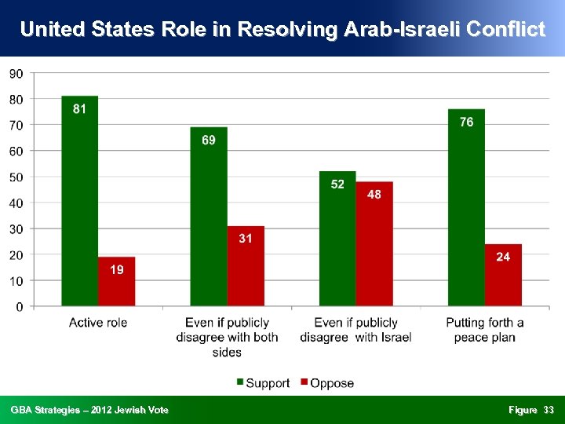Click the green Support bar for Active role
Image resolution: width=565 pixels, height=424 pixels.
(x=79, y=201)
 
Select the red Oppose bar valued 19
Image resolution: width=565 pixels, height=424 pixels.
(x=116, y=281)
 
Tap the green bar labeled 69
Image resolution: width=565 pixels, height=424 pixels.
(x=208, y=217)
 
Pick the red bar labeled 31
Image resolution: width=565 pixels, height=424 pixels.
(x=246, y=266)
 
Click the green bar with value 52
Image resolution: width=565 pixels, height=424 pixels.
(x=337, y=239)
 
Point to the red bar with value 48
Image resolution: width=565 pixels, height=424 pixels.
(x=374, y=244)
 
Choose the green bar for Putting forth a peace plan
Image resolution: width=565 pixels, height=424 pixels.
(x=466, y=207)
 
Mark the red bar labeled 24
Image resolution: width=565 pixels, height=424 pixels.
(x=503, y=275)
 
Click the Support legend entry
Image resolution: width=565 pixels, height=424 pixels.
(x=263, y=383)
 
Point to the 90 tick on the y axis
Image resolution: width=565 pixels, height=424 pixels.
(x=16, y=73)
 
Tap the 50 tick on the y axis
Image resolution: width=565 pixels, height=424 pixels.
(x=16, y=177)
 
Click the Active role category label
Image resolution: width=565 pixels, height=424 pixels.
(x=98, y=323)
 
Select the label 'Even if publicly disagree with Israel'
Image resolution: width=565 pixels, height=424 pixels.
(x=355, y=330)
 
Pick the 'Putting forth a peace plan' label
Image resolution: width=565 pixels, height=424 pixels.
(x=484, y=330)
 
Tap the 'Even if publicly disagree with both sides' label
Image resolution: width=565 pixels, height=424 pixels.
(x=227, y=337)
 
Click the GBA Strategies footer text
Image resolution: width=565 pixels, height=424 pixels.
(x=89, y=410)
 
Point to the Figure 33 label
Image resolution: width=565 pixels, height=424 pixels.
(x=530, y=410)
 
